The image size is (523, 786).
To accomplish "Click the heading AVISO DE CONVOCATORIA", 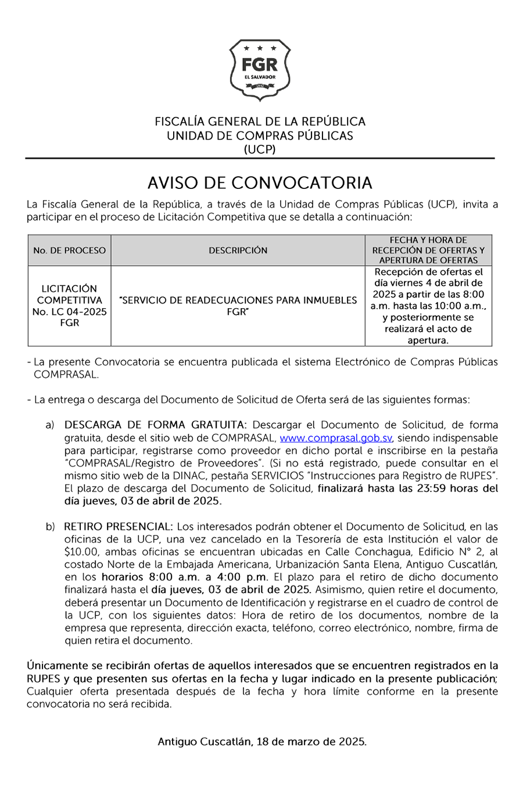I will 260,183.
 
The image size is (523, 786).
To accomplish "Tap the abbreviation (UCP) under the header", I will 260,149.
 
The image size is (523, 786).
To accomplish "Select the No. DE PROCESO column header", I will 70,250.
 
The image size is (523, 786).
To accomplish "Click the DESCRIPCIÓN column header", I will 238,250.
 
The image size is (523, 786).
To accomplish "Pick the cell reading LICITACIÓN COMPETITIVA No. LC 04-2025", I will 70,306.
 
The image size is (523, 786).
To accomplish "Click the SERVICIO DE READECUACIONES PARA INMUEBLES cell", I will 238,306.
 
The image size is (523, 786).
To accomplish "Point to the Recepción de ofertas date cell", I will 428,306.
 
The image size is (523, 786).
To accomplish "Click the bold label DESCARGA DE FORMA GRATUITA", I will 156,425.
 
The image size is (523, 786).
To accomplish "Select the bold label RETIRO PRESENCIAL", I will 118,526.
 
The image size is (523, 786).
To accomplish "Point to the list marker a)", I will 50,425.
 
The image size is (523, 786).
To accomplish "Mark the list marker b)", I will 50,526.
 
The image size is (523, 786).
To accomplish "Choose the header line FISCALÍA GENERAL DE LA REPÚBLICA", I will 260,122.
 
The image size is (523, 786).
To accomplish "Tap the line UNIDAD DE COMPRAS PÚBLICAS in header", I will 260,135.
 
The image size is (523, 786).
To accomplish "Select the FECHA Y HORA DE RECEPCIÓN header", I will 428,250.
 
